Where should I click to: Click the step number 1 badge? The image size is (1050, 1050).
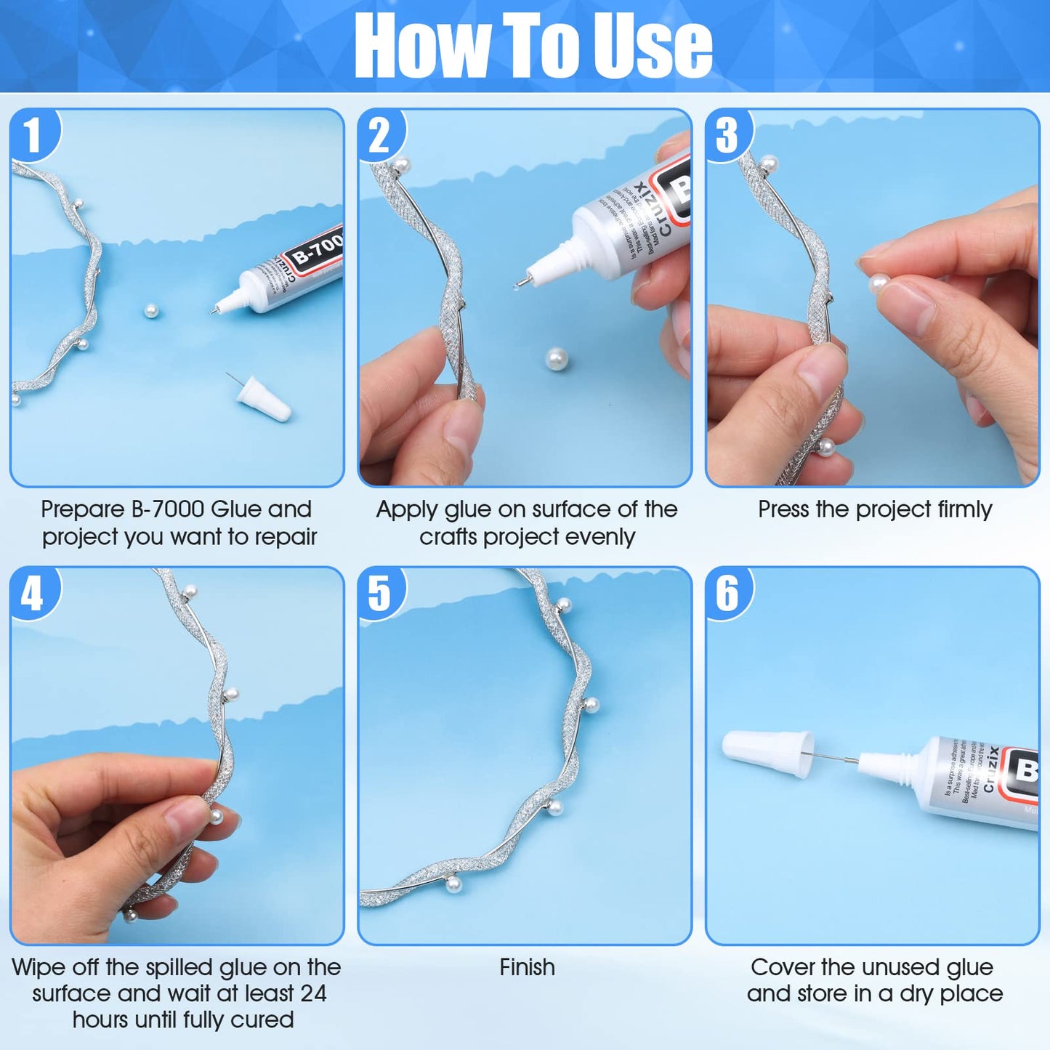coord(33,135)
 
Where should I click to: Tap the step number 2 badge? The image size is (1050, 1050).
coord(379,135)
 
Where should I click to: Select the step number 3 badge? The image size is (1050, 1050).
coord(727,135)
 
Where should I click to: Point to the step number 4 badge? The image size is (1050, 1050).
coord(33,594)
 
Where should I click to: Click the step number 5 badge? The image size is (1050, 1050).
coord(379,594)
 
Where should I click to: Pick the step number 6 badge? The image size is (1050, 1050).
coord(727,594)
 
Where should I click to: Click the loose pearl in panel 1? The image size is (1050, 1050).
coord(151,312)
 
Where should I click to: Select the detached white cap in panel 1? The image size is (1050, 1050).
coord(264,398)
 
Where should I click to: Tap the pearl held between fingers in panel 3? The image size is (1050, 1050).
coord(879,283)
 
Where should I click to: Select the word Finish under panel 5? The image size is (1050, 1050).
coord(527,967)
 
